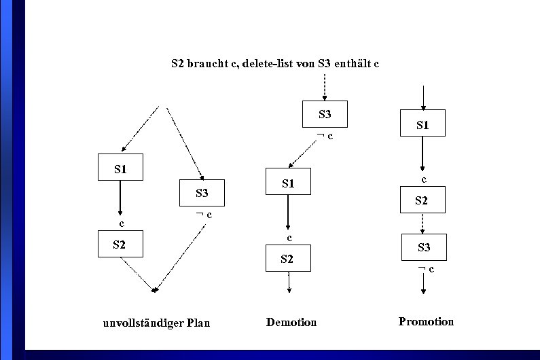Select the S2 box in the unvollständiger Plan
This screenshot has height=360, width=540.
120,244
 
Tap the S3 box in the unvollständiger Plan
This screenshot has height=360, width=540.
202,193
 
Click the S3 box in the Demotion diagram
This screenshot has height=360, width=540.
325,114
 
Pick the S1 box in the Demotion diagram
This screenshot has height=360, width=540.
288,182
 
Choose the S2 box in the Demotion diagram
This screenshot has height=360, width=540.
288,258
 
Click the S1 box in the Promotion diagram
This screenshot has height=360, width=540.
422,125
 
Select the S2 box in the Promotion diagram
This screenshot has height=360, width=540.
422,200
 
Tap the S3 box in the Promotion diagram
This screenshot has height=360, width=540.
424,247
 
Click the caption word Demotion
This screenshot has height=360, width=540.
291,322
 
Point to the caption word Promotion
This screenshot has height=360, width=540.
426,321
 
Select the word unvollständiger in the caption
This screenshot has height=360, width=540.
138,323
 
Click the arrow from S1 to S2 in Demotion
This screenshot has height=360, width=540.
288,213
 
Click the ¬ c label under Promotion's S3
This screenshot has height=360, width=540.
426,270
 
